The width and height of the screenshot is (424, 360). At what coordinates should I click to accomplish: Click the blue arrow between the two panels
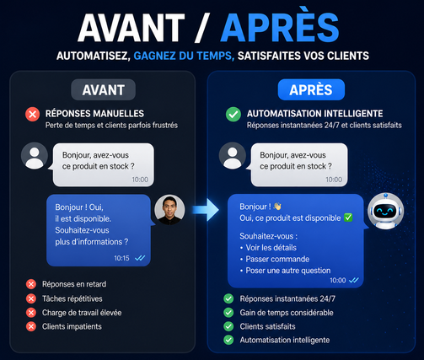206,210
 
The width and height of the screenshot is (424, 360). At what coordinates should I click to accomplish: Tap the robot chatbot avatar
385,211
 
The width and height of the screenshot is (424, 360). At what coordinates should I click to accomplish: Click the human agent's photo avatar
169,210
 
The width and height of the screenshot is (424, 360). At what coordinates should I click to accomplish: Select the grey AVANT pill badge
104,90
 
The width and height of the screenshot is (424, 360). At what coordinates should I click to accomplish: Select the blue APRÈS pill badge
311,90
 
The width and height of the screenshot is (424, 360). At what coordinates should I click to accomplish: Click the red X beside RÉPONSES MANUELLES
32,114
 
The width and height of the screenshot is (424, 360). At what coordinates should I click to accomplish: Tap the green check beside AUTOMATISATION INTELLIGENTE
233,114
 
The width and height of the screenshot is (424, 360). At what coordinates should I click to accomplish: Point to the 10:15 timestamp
121,258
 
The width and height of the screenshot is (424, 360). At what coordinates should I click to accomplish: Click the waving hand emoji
277,207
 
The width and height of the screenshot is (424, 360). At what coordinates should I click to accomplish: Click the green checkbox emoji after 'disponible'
348,218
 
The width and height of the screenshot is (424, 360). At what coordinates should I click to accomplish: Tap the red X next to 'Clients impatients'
31,326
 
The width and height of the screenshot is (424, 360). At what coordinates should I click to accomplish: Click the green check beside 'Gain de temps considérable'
228,313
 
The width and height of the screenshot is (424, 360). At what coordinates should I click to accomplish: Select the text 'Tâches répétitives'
72,298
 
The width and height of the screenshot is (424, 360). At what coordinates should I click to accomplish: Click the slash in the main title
201,28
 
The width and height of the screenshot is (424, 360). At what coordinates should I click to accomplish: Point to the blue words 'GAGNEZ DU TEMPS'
184,56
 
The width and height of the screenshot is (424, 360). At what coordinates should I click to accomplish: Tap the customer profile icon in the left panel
35,156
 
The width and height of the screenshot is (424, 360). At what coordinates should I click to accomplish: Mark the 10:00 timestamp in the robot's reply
338,280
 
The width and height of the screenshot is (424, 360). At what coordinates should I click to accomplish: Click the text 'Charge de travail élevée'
82,313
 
